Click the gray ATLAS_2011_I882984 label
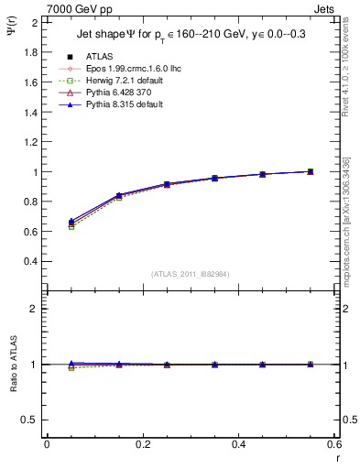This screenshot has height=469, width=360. pos(189,274)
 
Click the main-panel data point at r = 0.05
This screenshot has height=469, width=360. pos(71,224)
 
